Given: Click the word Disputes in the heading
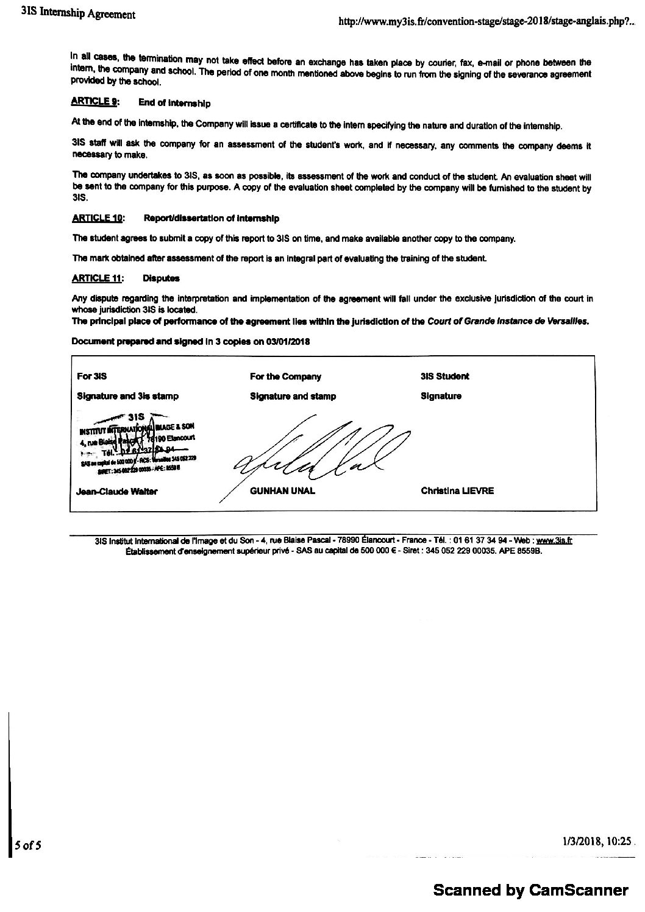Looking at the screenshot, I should click(x=161, y=278).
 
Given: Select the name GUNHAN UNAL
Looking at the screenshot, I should click(x=282, y=491).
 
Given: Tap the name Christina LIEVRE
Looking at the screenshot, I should click(x=457, y=490).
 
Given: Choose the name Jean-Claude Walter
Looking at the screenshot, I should click(x=117, y=492).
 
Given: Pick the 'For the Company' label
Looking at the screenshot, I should click(x=285, y=376).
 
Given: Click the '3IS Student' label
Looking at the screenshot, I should click(x=445, y=376).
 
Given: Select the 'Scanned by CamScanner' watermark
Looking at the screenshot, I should click(x=530, y=891).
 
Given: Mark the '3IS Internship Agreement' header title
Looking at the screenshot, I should click(x=77, y=14).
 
